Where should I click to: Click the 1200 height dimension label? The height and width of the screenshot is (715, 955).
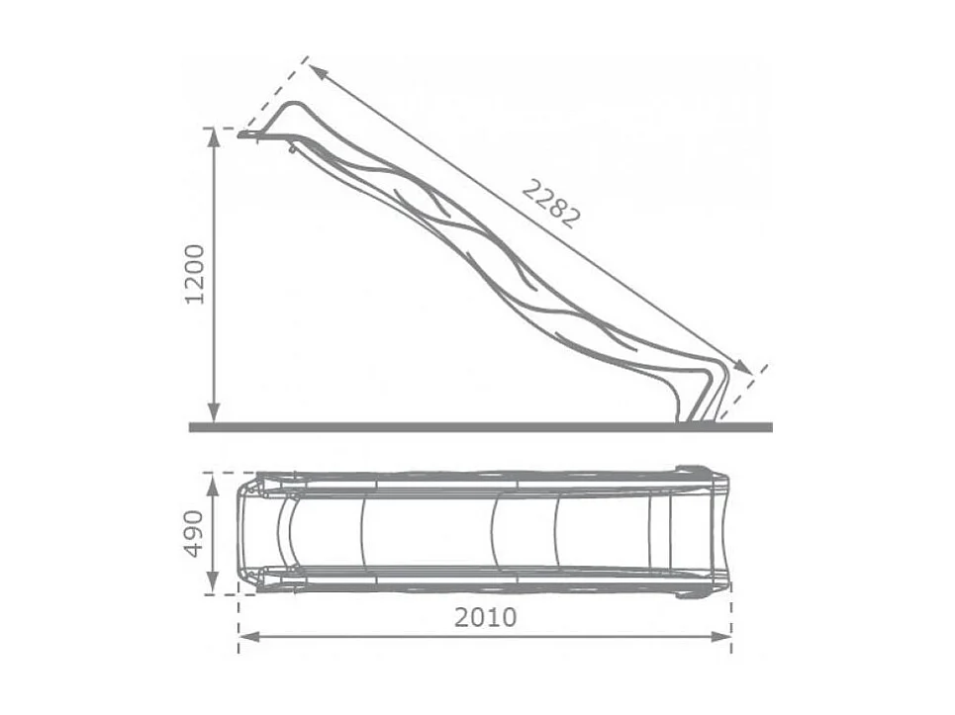(195, 274)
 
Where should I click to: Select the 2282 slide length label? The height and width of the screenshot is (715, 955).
(549, 203)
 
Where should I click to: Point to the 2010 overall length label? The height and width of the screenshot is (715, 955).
(485, 618)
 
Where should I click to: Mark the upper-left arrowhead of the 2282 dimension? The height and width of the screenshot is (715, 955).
(314, 68)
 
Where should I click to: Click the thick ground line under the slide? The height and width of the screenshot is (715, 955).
(475, 427)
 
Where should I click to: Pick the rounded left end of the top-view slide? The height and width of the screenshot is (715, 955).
(241, 533)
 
